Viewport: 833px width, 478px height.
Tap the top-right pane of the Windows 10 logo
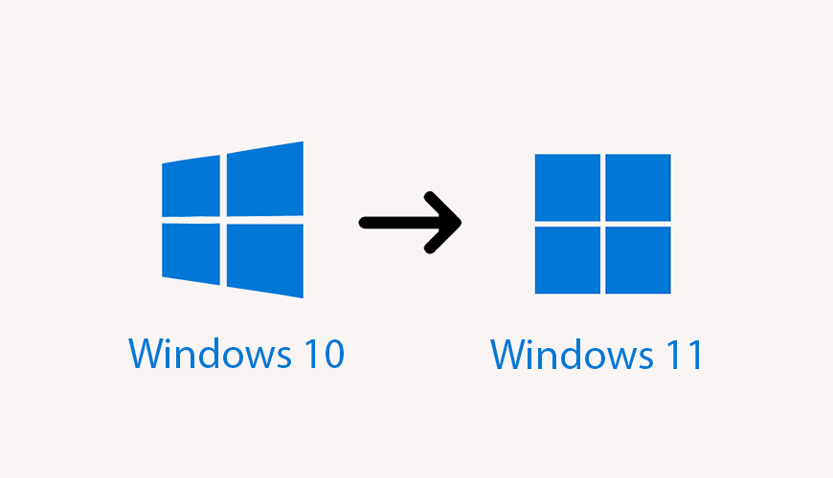(265, 180)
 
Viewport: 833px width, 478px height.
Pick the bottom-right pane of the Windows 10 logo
(265, 260)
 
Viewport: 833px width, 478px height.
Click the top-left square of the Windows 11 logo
(568, 188)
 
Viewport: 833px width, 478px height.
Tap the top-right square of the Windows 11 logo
(638, 188)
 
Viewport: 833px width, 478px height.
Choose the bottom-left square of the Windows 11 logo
(568, 259)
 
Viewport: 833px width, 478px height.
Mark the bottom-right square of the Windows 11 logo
(638, 259)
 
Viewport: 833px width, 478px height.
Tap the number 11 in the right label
(682, 355)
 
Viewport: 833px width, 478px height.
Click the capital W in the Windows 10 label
(146, 354)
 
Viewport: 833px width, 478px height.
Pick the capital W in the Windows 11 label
(509, 355)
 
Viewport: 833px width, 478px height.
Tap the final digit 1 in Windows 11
(694, 355)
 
